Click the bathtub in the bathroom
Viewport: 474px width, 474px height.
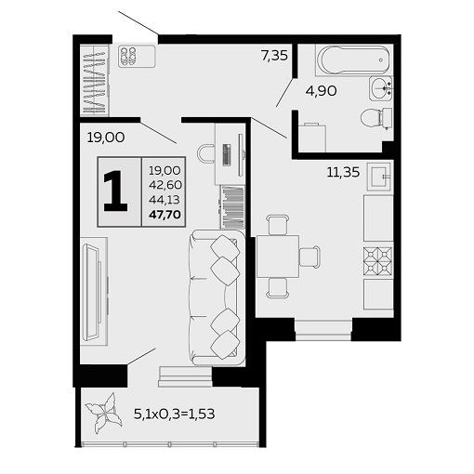click(x=354, y=60)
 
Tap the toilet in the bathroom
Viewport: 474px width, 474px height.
click(x=376, y=118)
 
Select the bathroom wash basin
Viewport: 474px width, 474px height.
click(x=381, y=88)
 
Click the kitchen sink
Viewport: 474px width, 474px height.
click(x=378, y=177)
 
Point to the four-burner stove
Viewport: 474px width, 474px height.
click(x=378, y=260)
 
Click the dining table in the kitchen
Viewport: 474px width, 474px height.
click(x=278, y=257)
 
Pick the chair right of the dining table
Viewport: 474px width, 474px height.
click(x=309, y=257)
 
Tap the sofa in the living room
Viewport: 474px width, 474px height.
click(x=217, y=297)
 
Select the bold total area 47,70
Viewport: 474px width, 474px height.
click(x=165, y=215)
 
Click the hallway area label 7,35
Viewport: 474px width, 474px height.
click(x=274, y=56)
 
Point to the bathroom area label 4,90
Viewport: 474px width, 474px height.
click(x=322, y=91)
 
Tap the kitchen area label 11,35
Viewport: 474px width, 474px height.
click(x=343, y=172)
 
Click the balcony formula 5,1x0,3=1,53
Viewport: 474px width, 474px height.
click(x=174, y=414)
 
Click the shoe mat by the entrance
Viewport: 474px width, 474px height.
click(x=137, y=56)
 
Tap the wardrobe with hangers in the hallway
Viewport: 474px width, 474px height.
click(x=95, y=80)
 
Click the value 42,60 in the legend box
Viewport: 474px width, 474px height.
click(x=165, y=185)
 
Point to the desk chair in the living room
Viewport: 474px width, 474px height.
click(x=206, y=153)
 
